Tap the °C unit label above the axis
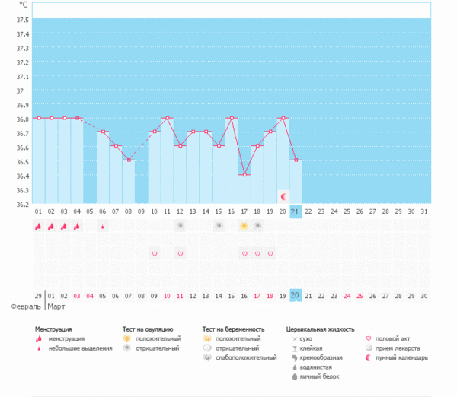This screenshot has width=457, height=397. (24, 5)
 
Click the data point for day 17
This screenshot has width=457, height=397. (244, 175)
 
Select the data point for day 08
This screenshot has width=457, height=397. (128, 160)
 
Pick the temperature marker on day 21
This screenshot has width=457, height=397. (296, 160)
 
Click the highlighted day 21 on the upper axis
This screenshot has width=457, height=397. (296, 211)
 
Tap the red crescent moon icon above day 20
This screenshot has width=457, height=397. (283, 196)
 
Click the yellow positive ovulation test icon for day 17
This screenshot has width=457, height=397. (244, 226)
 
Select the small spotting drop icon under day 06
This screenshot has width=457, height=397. (103, 226)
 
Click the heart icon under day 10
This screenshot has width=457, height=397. (155, 253)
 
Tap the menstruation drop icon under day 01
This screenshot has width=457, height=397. (38, 226)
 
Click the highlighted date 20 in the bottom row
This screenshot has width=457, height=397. (296, 295)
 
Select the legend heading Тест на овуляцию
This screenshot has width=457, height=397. (152, 329)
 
